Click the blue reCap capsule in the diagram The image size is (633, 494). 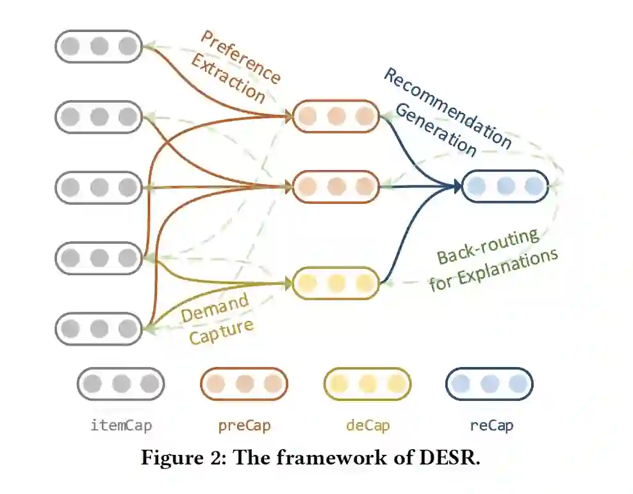[505, 187]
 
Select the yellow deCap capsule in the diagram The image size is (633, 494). [336, 283]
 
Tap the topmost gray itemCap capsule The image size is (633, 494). [99, 46]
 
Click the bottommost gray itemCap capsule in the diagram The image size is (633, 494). [99, 328]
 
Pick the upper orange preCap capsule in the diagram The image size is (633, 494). [336, 116]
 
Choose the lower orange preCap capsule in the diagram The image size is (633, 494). [336, 187]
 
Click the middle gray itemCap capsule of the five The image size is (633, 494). [99, 187]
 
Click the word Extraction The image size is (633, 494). [229, 80]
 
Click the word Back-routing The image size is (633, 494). [488, 246]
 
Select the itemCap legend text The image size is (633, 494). [121, 425]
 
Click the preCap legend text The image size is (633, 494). [244, 425]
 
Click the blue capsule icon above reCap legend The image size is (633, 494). [489, 384]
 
